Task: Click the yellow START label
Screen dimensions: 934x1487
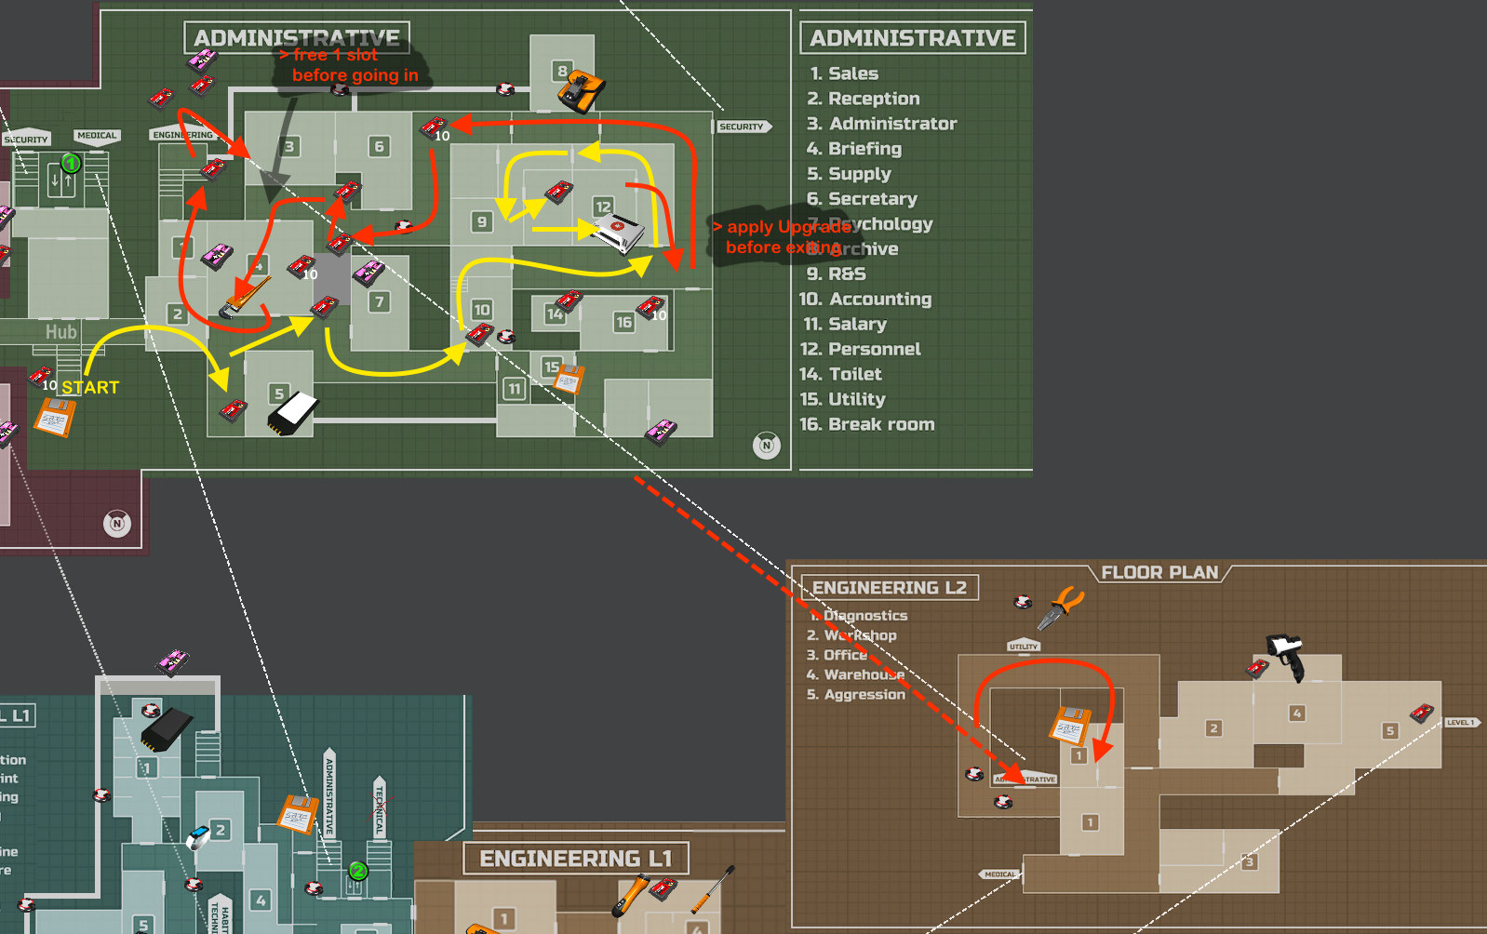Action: click(90, 387)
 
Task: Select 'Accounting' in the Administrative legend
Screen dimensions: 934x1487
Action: click(879, 299)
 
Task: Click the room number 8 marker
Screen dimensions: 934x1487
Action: click(562, 71)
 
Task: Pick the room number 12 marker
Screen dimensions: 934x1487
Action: click(603, 207)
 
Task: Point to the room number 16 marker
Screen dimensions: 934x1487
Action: click(623, 322)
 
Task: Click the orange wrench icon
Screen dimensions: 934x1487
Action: click(246, 297)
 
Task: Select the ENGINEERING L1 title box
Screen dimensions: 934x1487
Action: click(575, 858)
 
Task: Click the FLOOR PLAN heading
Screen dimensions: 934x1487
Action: click(1159, 572)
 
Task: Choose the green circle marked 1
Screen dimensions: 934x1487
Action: click(71, 164)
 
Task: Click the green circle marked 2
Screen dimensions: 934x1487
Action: click(357, 871)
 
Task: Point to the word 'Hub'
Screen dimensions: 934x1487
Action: click(61, 331)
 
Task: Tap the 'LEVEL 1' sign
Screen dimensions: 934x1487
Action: click(1461, 722)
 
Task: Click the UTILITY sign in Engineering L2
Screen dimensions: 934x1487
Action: click(1024, 646)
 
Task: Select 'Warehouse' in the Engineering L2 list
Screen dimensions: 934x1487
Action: click(864, 674)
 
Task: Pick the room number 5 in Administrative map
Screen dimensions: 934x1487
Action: click(279, 393)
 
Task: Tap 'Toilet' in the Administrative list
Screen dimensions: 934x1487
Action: click(854, 374)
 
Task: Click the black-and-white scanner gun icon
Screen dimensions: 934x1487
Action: click(1287, 655)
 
